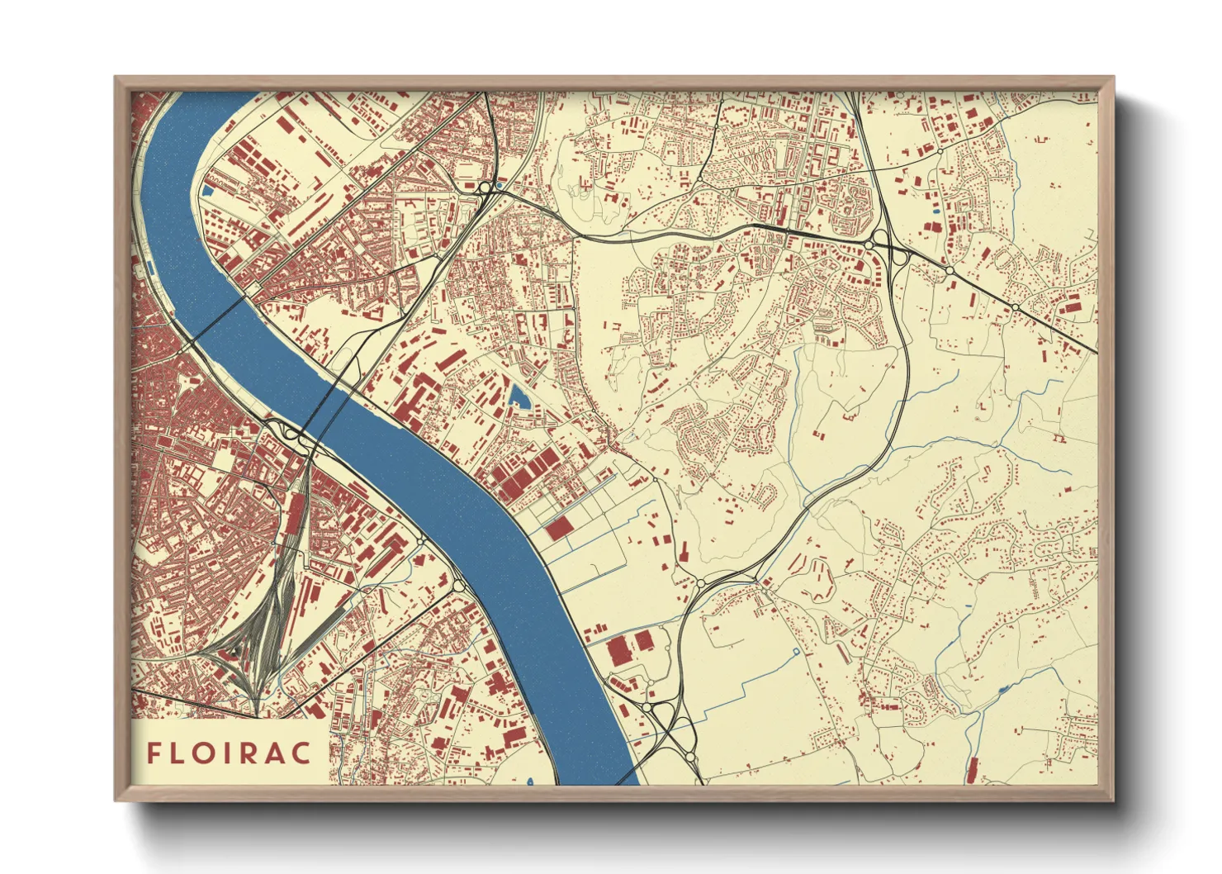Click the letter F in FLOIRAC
[x=154, y=753]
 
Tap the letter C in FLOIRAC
[x=303, y=753]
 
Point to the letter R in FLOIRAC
[x=253, y=753]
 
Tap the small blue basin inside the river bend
[x=207, y=190]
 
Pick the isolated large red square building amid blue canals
[x=559, y=529]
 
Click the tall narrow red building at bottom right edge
[x=972, y=769]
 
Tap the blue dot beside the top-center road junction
[x=497, y=187]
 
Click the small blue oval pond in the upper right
[x=935, y=211]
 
